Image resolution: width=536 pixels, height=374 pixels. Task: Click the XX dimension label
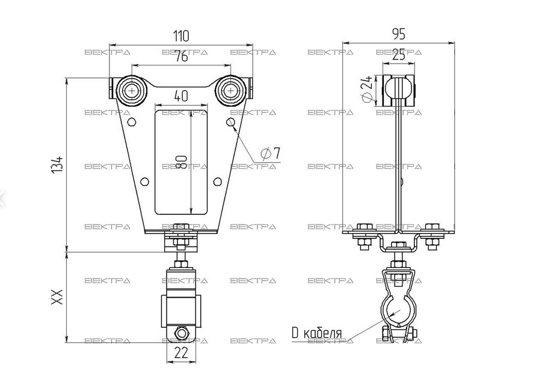click(57, 297)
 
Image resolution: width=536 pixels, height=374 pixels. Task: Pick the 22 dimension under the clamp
click(180, 354)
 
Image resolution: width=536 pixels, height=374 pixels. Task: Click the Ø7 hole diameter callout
click(270, 154)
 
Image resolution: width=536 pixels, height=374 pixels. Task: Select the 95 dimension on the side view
click(398, 34)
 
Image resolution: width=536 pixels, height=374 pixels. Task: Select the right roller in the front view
click(230, 91)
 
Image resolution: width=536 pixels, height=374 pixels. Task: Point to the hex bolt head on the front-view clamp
click(180, 334)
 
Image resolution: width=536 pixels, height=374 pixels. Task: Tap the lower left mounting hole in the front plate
click(144, 181)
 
